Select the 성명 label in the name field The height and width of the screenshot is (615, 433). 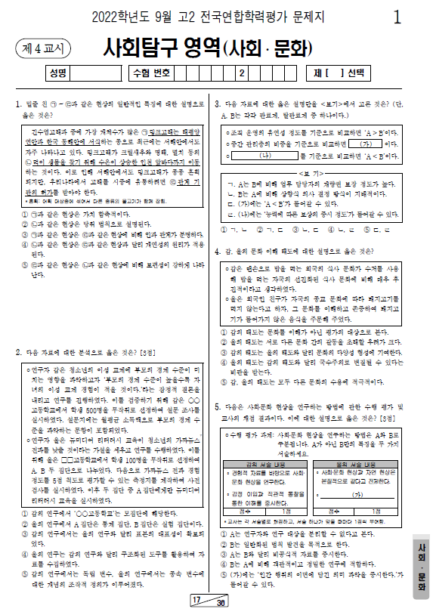pos(57,74)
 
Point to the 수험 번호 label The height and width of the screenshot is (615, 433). pos(151,74)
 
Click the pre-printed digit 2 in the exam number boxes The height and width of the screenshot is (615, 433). pos(240,74)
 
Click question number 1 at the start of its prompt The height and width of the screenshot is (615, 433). pos(18,102)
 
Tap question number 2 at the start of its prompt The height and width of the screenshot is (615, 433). pos(18,352)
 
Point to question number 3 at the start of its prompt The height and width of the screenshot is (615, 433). pos(218,102)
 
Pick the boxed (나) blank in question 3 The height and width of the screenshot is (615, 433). pos(264,155)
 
